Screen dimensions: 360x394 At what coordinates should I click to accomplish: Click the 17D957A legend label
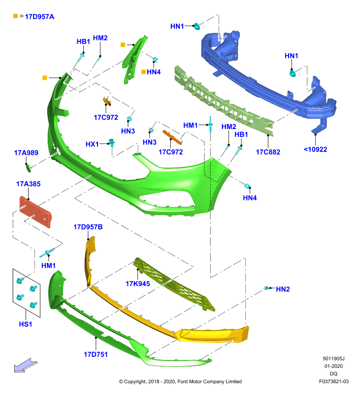(x=39, y=17)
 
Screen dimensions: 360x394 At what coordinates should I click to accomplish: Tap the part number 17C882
(x=268, y=152)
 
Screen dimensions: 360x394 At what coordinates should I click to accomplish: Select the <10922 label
(x=315, y=150)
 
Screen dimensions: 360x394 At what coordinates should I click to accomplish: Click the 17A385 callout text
(x=29, y=184)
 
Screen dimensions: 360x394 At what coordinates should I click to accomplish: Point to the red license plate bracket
(x=35, y=212)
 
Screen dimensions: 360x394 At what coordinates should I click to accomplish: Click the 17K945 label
(x=138, y=284)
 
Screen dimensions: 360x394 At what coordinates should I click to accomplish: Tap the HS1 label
(x=26, y=324)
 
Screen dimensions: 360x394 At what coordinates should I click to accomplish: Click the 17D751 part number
(x=96, y=354)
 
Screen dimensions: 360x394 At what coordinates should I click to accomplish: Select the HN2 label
(x=283, y=289)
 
